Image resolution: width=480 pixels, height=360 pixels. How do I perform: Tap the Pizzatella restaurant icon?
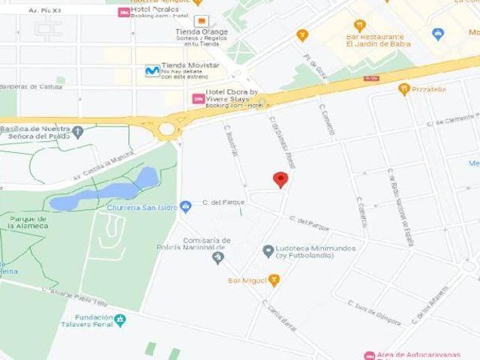click(404, 89)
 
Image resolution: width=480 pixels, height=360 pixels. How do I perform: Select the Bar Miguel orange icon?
click(274, 280)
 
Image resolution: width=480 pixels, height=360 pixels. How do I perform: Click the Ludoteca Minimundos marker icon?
click(268, 250)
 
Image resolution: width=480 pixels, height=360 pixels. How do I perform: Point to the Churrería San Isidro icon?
click(186, 207)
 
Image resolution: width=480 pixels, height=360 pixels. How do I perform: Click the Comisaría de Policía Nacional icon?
click(218, 258)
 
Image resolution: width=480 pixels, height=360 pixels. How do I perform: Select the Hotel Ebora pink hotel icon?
click(199, 99)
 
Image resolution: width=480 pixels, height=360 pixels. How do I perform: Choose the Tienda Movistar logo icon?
click(152, 70)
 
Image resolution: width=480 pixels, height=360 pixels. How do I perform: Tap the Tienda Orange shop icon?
click(200, 21)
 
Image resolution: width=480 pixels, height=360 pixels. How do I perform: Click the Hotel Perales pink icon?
click(124, 13)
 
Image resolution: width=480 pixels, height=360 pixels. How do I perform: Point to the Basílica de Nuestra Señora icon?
click(78, 130)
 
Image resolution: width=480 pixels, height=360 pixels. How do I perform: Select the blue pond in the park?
click(105, 191)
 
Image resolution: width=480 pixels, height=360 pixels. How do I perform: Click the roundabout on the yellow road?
click(167, 129)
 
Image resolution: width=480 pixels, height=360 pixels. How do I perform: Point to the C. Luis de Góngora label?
click(374, 311)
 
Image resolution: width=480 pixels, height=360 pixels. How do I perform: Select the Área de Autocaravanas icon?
click(369, 355)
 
